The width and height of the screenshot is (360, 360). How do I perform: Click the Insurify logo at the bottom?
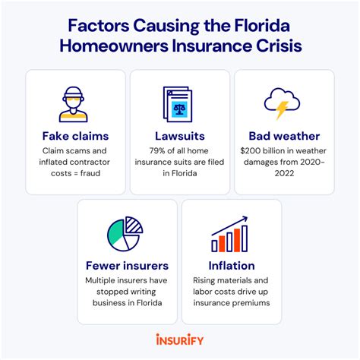(x=180, y=339)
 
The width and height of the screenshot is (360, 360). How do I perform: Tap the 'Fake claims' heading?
(x=75, y=136)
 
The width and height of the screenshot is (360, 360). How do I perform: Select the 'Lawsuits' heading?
(x=180, y=136)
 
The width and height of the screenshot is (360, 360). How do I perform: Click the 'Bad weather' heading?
(x=284, y=136)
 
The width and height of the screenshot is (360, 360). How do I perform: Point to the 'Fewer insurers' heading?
(x=127, y=266)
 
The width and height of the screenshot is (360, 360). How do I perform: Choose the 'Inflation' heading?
(x=232, y=266)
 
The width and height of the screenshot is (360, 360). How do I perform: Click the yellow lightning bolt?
(x=282, y=110)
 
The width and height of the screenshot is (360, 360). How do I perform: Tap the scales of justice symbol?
(x=179, y=109)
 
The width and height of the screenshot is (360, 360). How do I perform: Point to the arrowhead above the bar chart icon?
(x=245, y=219)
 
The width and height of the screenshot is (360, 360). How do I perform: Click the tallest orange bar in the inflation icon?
(x=237, y=240)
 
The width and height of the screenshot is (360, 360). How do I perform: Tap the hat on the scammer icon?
(x=73, y=93)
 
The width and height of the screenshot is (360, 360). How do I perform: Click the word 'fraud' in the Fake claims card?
(x=90, y=173)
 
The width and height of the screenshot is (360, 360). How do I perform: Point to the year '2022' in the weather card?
(x=284, y=173)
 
